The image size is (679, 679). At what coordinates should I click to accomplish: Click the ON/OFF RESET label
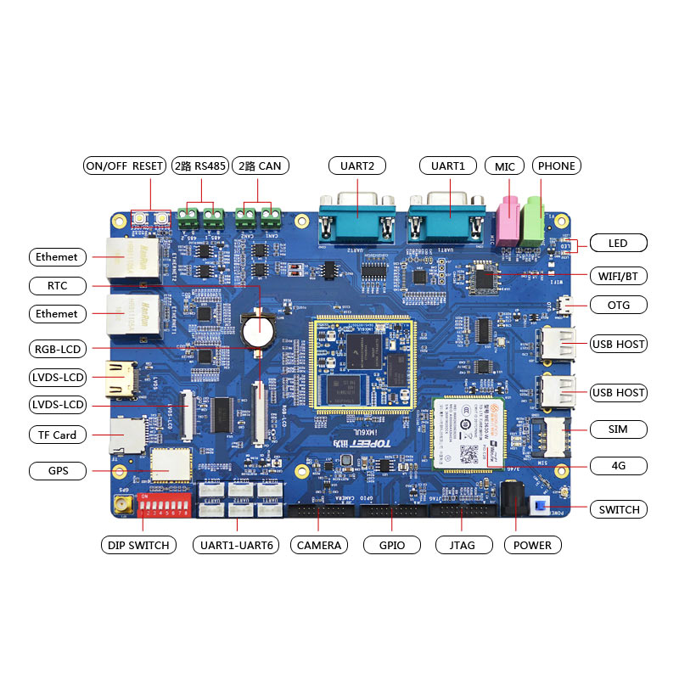click(x=124, y=166)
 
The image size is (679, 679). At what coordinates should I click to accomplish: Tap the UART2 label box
click(x=356, y=166)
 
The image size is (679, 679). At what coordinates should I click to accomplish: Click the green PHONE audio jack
click(x=533, y=219)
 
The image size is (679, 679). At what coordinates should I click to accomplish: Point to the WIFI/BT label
click(x=618, y=276)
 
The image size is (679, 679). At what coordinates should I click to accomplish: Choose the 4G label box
click(x=618, y=465)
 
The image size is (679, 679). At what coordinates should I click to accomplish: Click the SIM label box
click(x=618, y=429)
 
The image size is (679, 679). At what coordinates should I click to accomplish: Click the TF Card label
click(x=57, y=435)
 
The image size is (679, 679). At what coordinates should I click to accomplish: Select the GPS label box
click(x=57, y=470)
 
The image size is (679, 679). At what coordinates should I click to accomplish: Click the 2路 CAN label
click(x=257, y=166)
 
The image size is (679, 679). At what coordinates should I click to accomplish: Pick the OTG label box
click(x=618, y=305)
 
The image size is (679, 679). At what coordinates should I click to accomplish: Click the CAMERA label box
click(x=318, y=545)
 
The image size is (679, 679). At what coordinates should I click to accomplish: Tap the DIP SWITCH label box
click(x=138, y=545)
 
